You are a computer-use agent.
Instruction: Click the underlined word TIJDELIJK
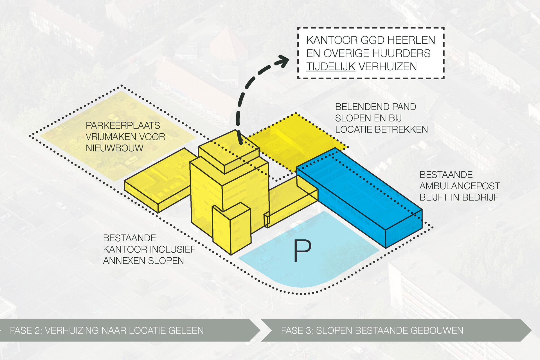coord(331,67)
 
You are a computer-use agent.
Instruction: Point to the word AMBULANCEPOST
coord(460,186)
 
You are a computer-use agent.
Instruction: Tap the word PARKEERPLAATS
coord(123,125)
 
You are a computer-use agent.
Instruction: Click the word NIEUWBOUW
coord(114,148)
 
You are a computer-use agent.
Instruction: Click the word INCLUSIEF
coord(172,249)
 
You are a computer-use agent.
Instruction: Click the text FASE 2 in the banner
coord(26,330)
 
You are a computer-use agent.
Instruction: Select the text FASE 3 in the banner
coord(297,330)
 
